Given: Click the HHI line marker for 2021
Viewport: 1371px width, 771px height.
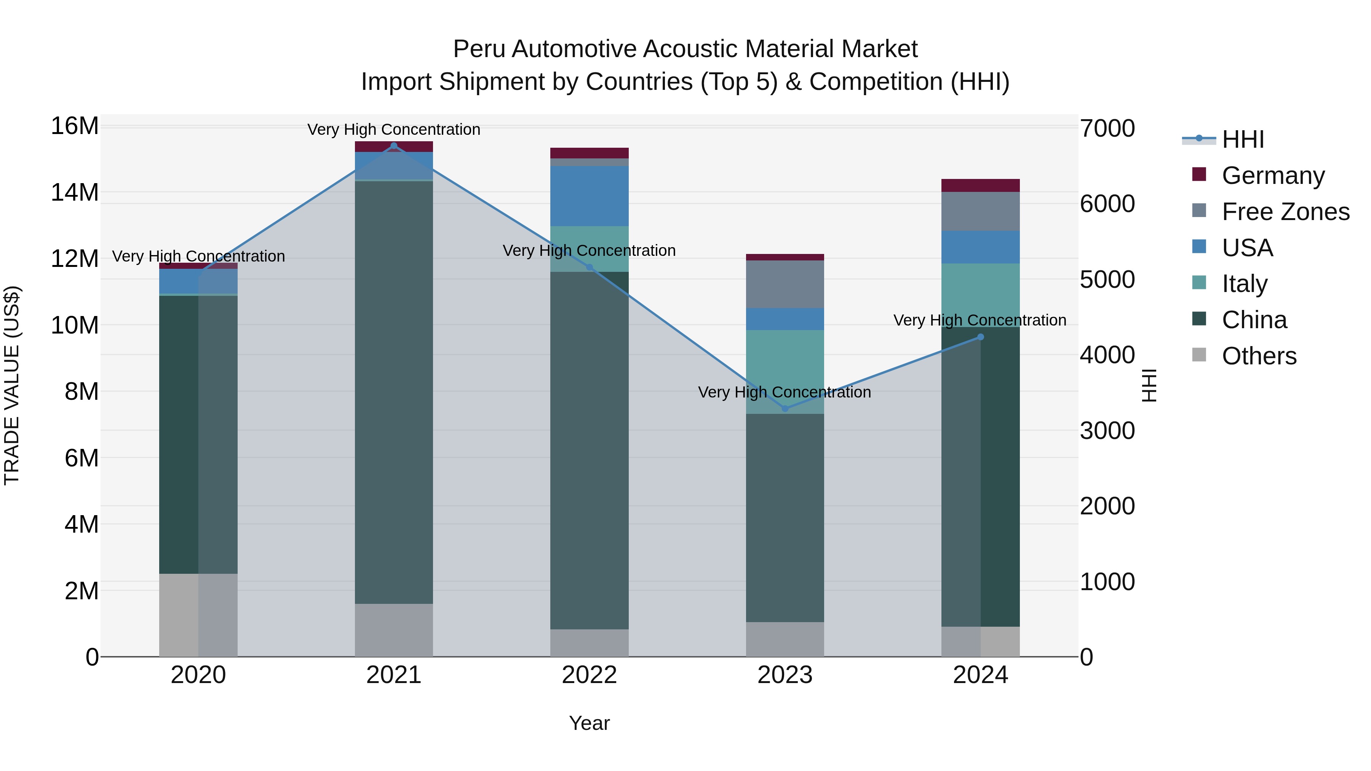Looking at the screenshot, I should tap(394, 146).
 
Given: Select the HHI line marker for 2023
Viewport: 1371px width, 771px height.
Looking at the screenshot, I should tap(785, 408).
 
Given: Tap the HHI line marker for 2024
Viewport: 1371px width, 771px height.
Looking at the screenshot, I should tap(981, 337).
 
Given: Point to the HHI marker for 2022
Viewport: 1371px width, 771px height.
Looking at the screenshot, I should tap(589, 267).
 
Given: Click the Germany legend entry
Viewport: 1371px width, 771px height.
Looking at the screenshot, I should tap(1272, 176).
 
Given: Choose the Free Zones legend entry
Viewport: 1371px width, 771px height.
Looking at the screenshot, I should tap(1285, 212).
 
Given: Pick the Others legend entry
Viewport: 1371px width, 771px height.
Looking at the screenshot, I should tap(1259, 356).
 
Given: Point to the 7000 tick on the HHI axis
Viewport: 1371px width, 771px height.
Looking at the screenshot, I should tap(1107, 128).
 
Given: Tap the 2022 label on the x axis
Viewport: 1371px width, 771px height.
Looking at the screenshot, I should tap(589, 675).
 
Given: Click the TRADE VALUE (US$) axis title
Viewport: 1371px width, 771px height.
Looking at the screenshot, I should tap(12, 385).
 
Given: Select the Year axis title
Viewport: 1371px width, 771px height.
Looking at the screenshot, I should tap(589, 723).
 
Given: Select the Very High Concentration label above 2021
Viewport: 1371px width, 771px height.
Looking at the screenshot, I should tap(394, 129).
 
